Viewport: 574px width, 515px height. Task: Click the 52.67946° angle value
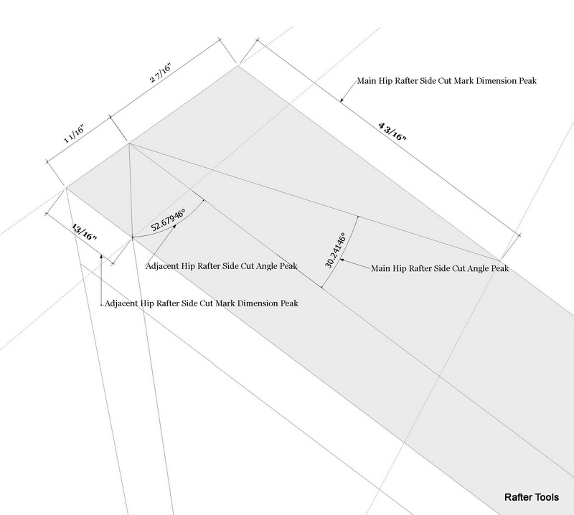(x=168, y=218)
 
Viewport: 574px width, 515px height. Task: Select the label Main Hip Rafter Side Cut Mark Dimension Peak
(x=447, y=82)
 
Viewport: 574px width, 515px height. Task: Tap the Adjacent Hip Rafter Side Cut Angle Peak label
(x=222, y=265)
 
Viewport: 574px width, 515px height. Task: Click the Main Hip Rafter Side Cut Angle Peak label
(x=440, y=269)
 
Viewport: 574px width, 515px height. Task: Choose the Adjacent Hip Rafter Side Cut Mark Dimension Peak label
(x=202, y=303)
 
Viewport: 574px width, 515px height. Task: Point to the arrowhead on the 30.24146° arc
(x=342, y=260)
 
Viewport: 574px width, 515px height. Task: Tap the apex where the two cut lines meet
(x=129, y=143)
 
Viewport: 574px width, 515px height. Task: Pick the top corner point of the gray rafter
(x=238, y=66)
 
